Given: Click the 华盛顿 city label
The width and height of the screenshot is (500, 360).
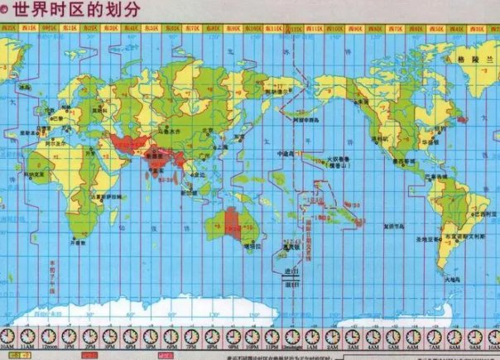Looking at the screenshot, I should [x=439, y=142].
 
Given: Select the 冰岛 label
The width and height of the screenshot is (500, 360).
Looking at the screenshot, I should [x=26, y=85].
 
